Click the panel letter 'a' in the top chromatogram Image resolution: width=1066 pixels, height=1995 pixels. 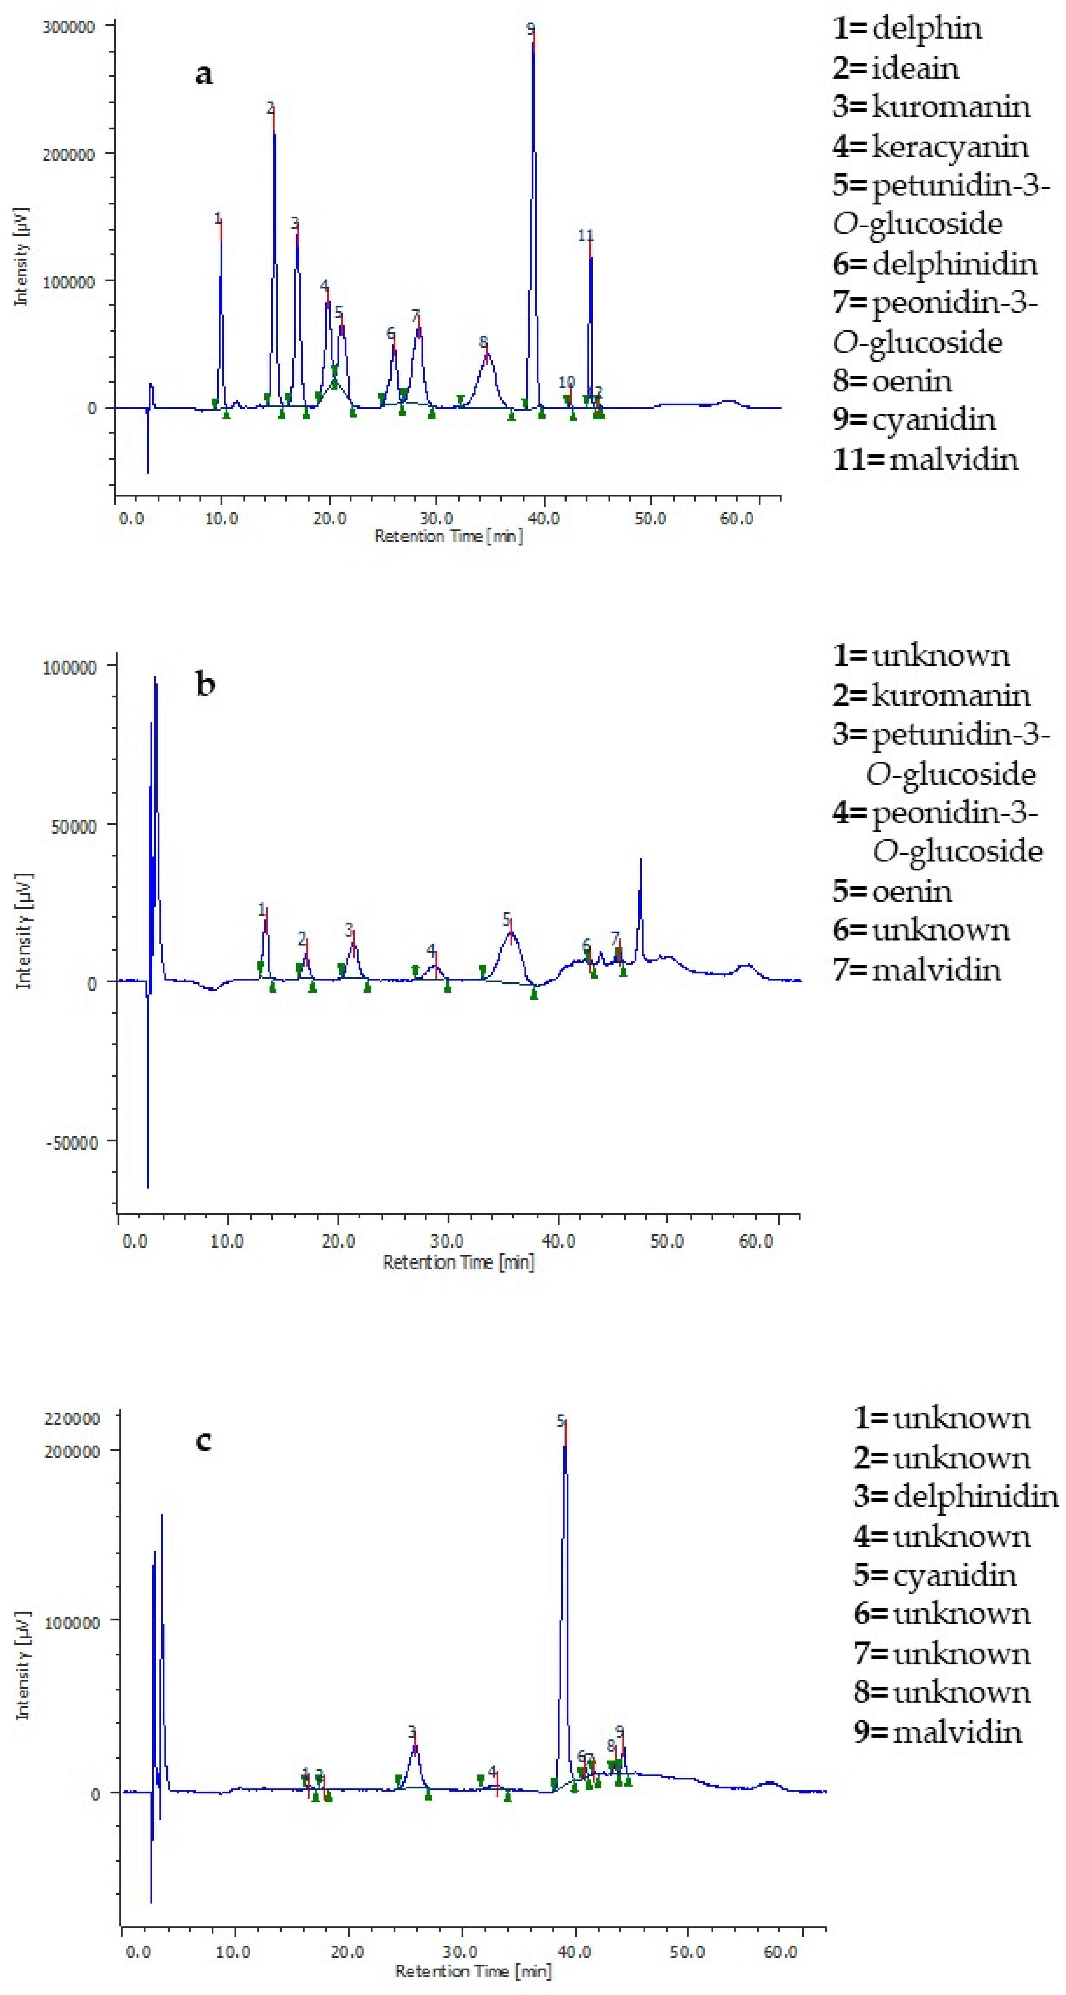point(203,74)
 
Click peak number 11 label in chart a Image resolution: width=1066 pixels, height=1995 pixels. point(585,236)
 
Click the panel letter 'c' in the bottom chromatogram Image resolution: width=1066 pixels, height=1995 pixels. point(203,1441)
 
